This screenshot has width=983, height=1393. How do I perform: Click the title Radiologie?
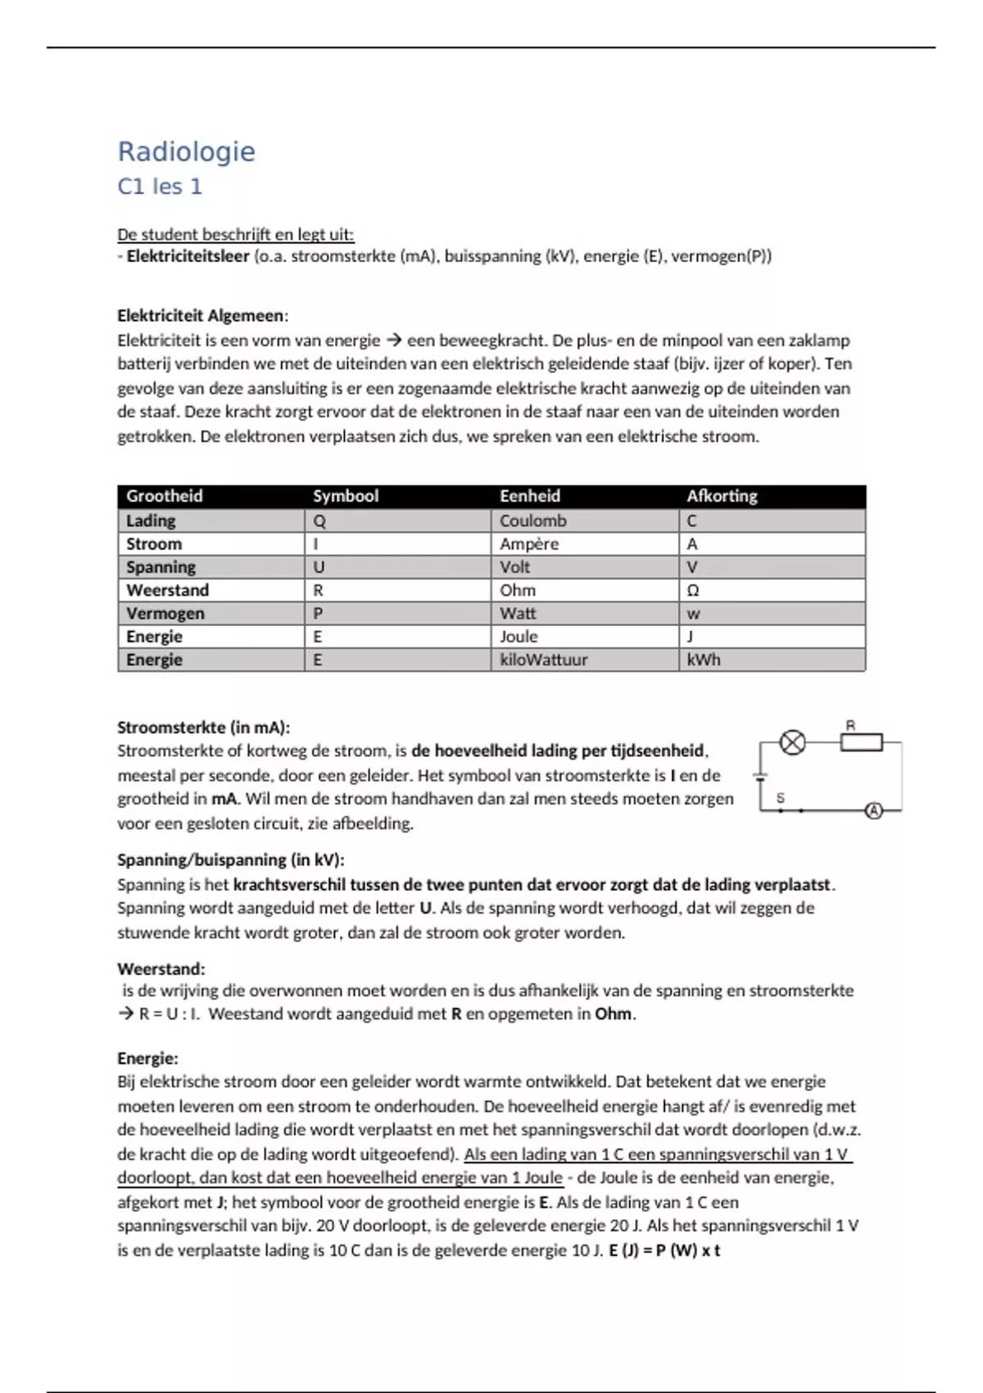click(186, 152)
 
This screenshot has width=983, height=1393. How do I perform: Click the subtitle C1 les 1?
click(160, 187)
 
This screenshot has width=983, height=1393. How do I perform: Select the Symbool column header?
click(346, 496)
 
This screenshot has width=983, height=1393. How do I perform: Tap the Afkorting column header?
click(722, 496)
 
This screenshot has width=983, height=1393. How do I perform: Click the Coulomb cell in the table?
click(532, 520)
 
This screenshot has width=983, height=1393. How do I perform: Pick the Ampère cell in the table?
click(529, 544)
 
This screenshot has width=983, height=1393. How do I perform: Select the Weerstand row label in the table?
click(167, 590)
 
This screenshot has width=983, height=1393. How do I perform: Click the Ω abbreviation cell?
click(693, 590)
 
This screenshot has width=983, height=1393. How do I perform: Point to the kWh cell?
click(704, 660)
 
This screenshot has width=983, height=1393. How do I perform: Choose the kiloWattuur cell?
click(543, 660)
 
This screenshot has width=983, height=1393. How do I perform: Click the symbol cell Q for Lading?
click(319, 520)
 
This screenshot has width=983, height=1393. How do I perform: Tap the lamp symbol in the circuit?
click(792, 742)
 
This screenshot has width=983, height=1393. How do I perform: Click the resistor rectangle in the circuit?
click(861, 742)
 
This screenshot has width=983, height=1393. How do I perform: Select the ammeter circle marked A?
click(874, 810)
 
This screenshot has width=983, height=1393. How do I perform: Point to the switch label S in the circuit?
click(781, 797)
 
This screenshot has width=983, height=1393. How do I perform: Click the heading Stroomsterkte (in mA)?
click(203, 727)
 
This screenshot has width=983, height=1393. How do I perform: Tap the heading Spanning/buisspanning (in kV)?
click(230, 860)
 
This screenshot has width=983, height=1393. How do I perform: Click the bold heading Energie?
click(147, 1058)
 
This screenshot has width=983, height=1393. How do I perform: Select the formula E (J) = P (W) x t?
click(664, 1250)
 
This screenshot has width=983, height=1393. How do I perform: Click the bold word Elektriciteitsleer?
click(188, 256)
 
